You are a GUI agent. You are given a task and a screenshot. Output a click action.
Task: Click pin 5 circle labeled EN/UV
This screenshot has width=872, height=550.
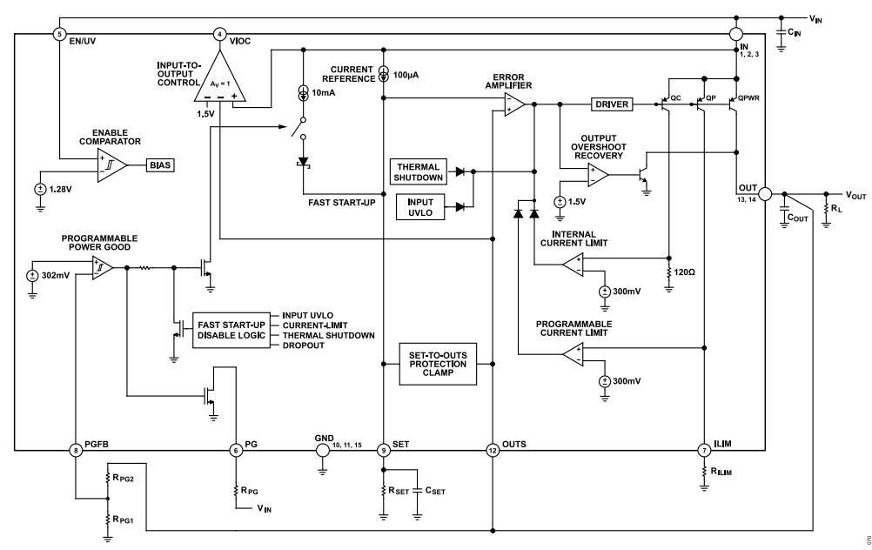(59, 34)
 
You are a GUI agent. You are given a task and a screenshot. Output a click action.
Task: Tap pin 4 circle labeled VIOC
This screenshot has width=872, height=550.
(220, 34)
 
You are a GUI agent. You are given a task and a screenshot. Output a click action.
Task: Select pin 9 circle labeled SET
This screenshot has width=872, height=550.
(384, 450)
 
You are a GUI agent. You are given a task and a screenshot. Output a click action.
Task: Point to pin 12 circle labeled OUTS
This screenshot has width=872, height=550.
(493, 450)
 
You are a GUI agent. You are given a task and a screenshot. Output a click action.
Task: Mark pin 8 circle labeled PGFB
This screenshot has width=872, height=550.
(76, 450)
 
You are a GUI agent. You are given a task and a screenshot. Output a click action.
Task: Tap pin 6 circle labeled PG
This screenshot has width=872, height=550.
(235, 450)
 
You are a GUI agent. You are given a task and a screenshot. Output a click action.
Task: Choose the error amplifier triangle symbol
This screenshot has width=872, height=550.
(513, 104)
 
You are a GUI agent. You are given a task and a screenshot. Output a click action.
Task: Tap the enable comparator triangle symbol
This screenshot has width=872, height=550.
(111, 163)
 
